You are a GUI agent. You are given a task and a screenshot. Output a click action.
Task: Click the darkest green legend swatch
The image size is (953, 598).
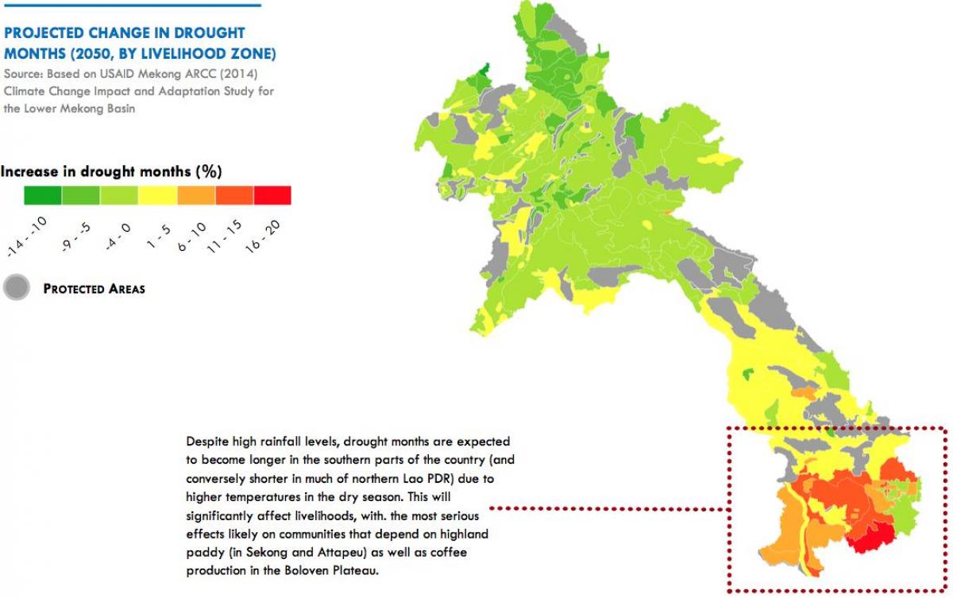(42, 195)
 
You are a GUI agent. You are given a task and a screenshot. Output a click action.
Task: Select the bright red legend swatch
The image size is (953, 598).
(272, 195)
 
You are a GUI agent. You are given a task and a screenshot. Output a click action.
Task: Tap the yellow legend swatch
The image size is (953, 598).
(157, 195)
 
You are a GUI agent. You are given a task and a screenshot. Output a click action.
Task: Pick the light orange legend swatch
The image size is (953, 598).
(195, 195)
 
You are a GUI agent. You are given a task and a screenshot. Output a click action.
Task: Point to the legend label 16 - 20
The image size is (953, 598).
(264, 235)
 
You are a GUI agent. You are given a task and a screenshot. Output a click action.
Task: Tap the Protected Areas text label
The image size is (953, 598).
(94, 289)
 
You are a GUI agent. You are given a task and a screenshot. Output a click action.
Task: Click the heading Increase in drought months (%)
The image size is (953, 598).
(110, 172)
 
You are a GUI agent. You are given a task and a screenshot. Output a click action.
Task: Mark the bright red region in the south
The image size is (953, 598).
(868, 536)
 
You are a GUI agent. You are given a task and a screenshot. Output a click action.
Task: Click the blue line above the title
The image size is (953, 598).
(131, 6)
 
